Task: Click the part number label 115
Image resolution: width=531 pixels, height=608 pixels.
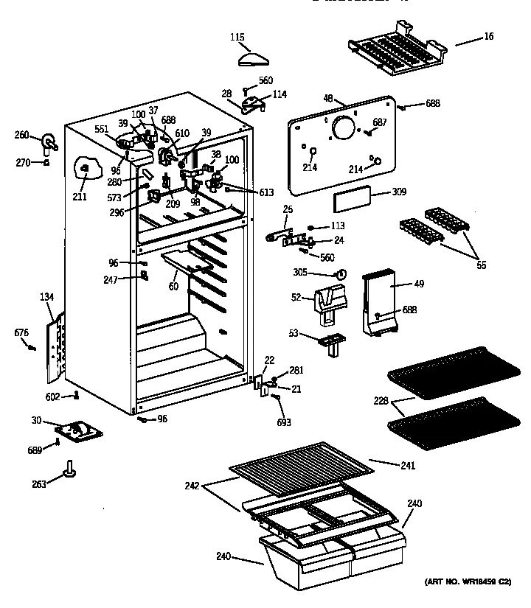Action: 238,37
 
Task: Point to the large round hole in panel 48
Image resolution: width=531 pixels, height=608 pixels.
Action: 343,129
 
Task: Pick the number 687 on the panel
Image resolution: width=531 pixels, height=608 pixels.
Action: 380,122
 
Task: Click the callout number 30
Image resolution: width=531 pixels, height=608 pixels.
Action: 36,421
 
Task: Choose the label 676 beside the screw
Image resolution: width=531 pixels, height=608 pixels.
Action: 21,333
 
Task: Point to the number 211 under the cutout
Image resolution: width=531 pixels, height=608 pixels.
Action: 79,196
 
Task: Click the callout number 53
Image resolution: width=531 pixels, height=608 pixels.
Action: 294,334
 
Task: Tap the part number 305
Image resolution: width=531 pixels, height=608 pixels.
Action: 320,272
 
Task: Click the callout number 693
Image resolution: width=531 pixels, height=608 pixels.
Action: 284,422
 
